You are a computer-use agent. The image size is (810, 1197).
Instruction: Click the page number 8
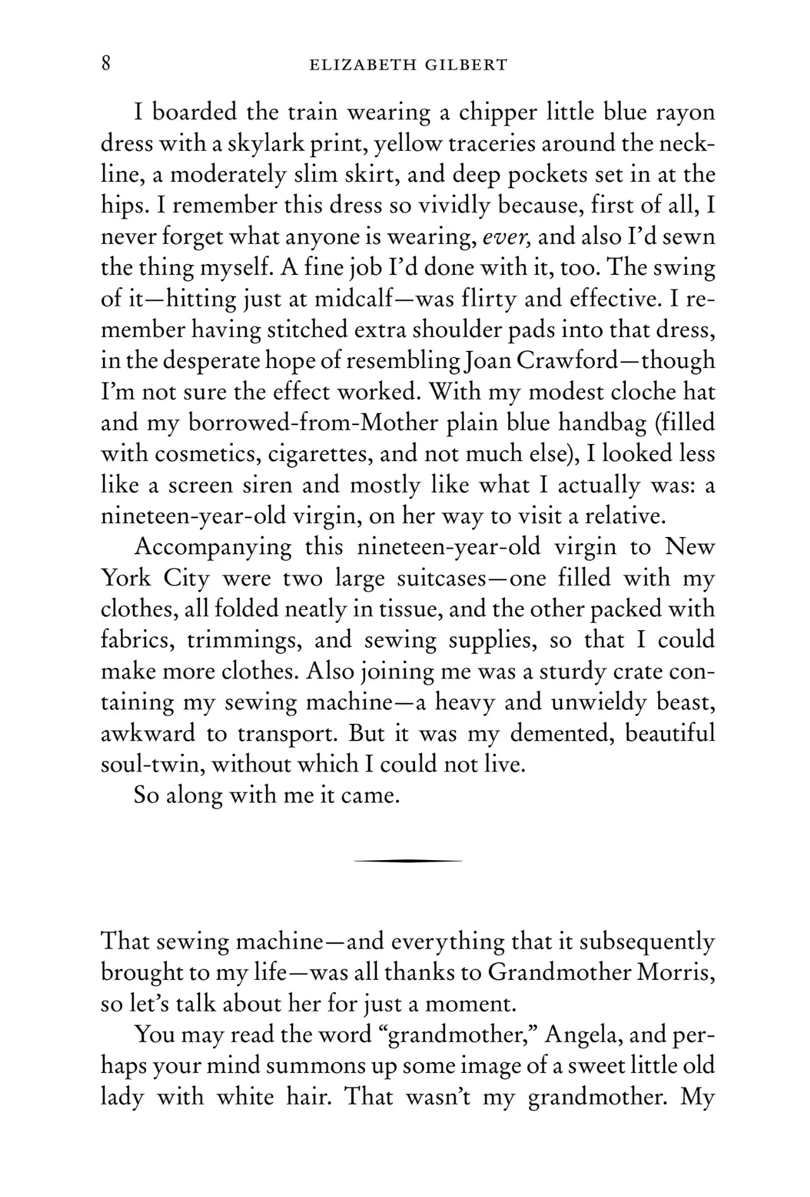tap(106, 64)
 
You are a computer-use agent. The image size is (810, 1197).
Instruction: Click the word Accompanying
tap(213, 547)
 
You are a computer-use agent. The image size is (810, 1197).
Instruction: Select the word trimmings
tap(244, 640)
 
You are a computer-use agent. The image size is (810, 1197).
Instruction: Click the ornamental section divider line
tap(408, 861)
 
